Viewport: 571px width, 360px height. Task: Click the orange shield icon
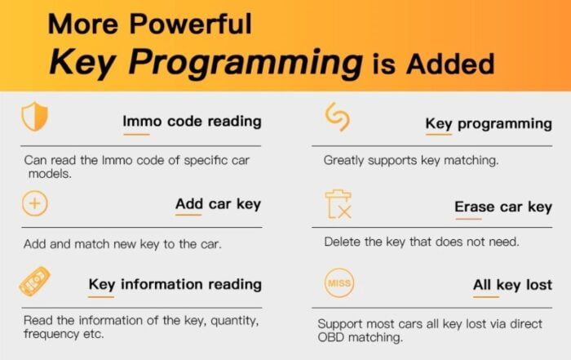(x=34, y=117)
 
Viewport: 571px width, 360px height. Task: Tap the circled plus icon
(x=34, y=203)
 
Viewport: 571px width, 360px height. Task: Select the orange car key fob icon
(x=34, y=282)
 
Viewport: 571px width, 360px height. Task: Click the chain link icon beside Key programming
(x=337, y=117)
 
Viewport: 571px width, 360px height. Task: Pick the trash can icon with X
(x=339, y=204)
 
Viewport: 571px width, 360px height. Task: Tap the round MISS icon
(x=339, y=282)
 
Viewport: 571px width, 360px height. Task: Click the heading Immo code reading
(x=192, y=122)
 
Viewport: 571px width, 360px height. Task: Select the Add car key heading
(x=218, y=204)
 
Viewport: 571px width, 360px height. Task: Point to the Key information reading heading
(x=175, y=285)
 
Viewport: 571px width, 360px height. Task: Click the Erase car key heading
(x=503, y=207)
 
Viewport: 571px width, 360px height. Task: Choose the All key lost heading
(x=512, y=285)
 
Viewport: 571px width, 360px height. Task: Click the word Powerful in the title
(x=190, y=24)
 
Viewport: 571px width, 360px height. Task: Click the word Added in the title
(x=450, y=64)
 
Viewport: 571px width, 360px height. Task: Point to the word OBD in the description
(x=330, y=337)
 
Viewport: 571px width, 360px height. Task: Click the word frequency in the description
(x=51, y=334)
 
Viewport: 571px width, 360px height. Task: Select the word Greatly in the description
(x=343, y=161)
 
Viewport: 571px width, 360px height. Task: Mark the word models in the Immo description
(x=50, y=174)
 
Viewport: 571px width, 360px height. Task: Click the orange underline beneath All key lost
(x=486, y=297)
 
